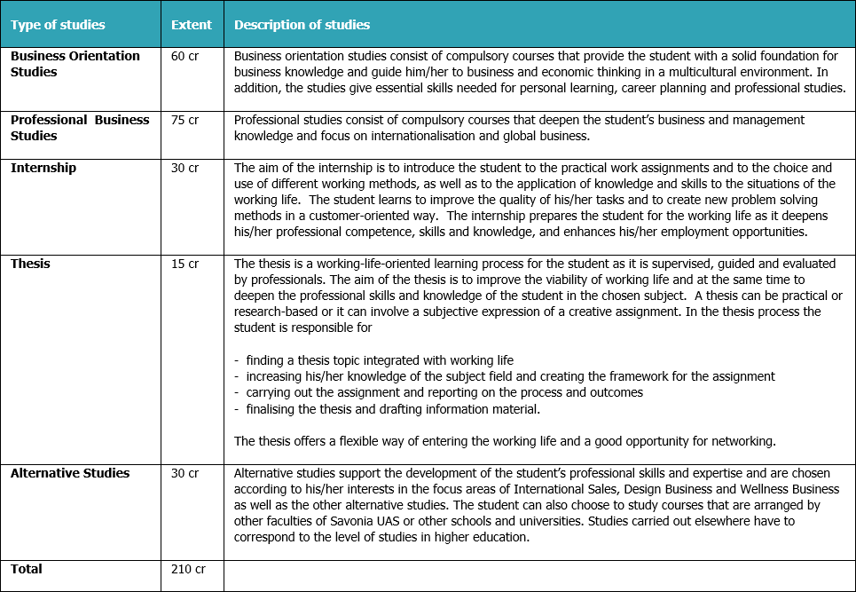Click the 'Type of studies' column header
(x=58, y=25)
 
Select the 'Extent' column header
(x=192, y=25)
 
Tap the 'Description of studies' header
(x=302, y=25)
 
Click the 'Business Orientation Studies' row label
(x=75, y=64)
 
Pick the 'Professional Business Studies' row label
(x=80, y=128)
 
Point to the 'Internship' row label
(x=43, y=168)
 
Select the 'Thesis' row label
(x=30, y=264)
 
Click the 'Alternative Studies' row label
(x=70, y=473)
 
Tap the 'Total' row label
(x=27, y=569)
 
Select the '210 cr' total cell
(x=188, y=569)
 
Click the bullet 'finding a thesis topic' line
(x=373, y=360)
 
